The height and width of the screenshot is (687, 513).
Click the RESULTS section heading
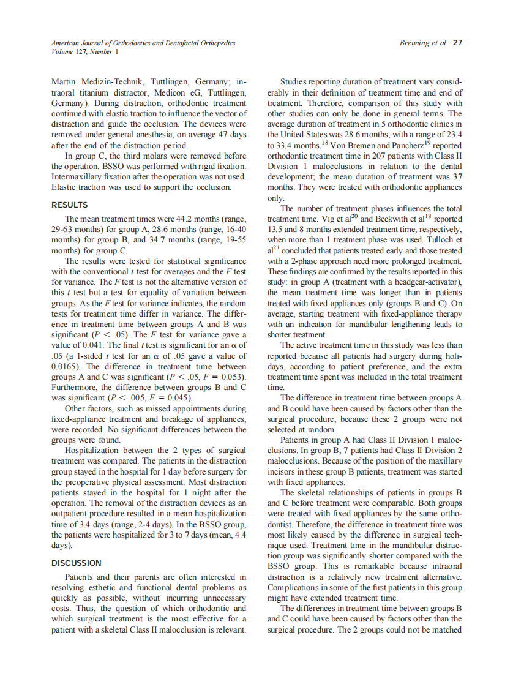(x=70, y=205)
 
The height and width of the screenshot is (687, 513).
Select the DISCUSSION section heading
(x=77, y=563)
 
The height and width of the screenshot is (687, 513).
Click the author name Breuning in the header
(x=414, y=43)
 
